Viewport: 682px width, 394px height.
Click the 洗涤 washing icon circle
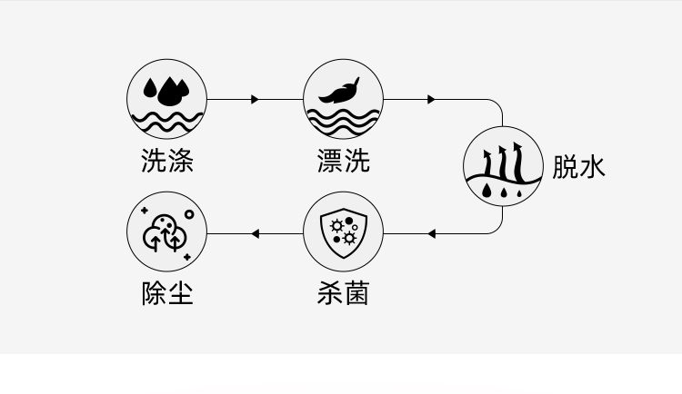coord(166,98)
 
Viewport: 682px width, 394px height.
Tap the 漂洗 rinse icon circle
coord(343,98)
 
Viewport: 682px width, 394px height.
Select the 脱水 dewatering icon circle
coord(503,166)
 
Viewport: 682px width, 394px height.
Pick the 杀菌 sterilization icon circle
coord(343,233)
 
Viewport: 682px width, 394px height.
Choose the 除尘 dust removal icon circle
coord(166,233)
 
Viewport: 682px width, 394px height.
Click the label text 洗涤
coord(167,161)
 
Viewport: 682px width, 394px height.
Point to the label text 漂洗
coord(344,161)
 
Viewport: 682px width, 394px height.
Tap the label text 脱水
coord(579,166)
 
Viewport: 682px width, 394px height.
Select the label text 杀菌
coord(344,293)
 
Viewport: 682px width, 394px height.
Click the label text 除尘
coord(167,293)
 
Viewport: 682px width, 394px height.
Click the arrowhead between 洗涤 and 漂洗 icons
coord(255,99)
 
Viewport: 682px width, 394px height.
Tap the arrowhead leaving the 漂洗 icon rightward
coord(432,99)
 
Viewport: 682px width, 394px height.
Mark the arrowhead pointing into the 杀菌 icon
coord(432,234)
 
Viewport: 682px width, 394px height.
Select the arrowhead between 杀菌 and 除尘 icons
coord(256,234)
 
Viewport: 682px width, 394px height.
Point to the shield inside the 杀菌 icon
coord(343,233)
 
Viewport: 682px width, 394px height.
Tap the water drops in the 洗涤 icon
coord(166,89)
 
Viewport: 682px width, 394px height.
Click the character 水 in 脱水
coord(592,166)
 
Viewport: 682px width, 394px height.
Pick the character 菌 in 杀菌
coord(357,293)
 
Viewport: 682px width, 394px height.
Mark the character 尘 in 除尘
coord(181,293)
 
